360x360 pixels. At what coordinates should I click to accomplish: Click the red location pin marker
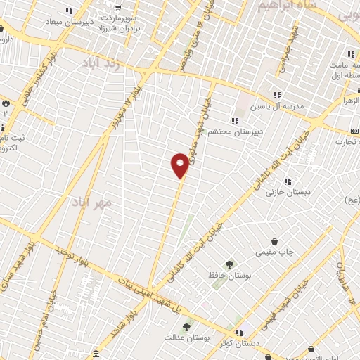(180, 165)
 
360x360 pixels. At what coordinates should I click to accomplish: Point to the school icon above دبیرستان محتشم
(234, 121)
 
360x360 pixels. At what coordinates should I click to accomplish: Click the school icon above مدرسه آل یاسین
(277, 95)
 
